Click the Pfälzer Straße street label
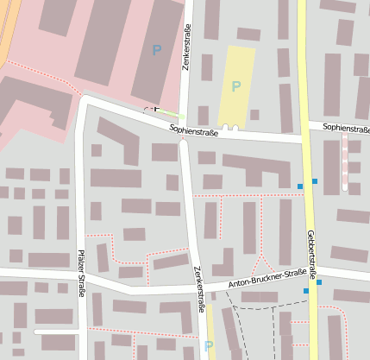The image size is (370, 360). tap(81, 274)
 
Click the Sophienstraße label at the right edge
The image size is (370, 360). tap(345, 128)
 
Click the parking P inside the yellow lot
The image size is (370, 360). tap(235, 86)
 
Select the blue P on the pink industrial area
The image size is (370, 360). tap(156, 50)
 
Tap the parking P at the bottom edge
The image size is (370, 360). tap(208, 346)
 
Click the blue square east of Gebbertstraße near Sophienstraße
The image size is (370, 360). tap(315, 180)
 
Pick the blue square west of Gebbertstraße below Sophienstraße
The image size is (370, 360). tap(300, 186)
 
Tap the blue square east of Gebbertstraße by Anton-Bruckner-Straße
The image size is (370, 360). tap(319, 282)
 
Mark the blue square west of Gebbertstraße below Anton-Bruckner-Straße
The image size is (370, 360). tap(305, 291)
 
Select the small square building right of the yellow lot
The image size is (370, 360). tap(254, 115)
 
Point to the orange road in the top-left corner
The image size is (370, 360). tap(7, 26)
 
